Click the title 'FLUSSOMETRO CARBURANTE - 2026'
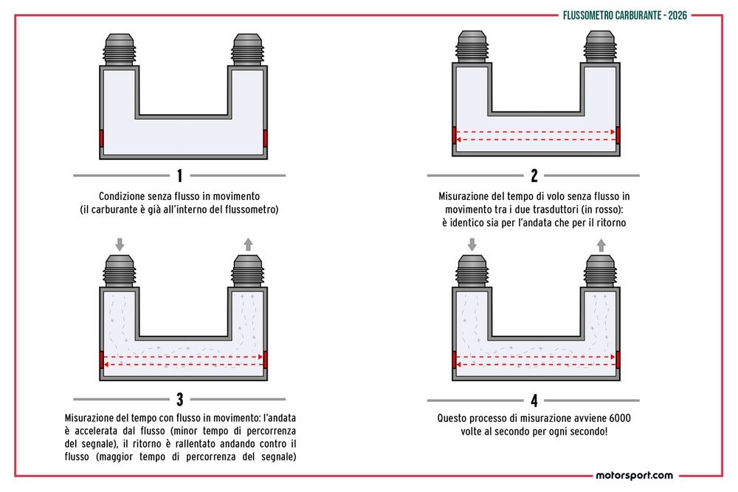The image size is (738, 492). click(x=624, y=15)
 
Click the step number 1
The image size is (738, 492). click(x=179, y=176)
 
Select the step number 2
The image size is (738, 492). click(x=534, y=176)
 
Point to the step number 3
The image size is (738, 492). click(x=179, y=400)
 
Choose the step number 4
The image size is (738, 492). click(x=534, y=400)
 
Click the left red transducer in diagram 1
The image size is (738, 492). click(x=102, y=138)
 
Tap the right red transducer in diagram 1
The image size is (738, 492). click(x=265, y=138)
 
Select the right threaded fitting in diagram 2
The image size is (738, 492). click(x=601, y=46)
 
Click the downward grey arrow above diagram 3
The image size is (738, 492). click(x=119, y=243)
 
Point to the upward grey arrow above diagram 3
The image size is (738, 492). click(x=248, y=243)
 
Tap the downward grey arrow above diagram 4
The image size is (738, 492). click(x=471, y=243)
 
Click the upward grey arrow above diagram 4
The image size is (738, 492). click(x=601, y=243)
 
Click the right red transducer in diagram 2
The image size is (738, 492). click(x=617, y=135)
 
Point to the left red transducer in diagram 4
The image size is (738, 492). click(x=454, y=358)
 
